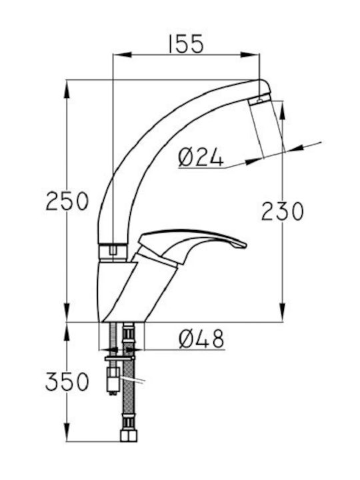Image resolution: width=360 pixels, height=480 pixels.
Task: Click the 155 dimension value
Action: click(x=186, y=44)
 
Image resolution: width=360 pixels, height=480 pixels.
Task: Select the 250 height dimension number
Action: click(x=67, y=201)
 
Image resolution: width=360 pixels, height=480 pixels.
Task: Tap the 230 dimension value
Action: click(x=283, y=211)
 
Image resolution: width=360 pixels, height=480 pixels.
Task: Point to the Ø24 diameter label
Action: click(x=201, y=157)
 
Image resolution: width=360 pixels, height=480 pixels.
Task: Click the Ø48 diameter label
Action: click(x=202, y=339)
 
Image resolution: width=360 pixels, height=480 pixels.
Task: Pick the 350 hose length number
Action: click(x=67, y=382)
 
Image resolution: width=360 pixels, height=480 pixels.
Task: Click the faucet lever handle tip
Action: click(x=242, y=245)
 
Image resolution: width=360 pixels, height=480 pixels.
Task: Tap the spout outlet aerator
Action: click(x=259, y=99)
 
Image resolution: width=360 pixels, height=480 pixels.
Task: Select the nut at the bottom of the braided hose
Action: click(x=129, y=435)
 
